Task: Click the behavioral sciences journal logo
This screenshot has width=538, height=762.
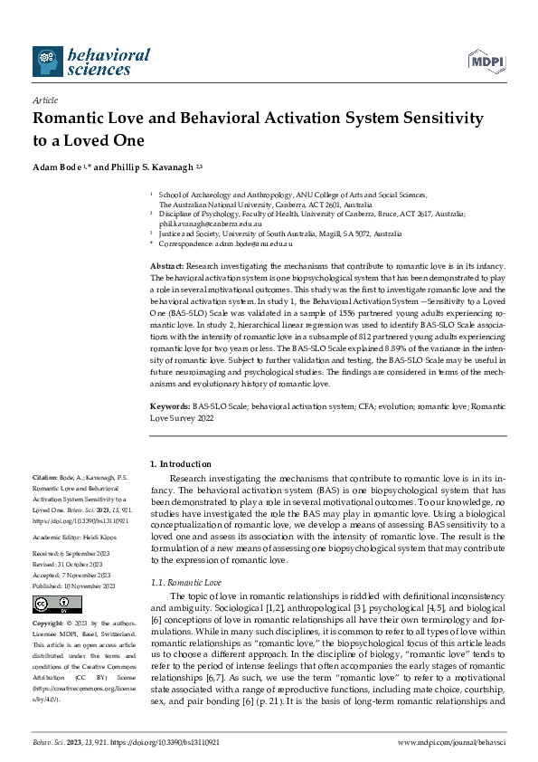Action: [90, 62]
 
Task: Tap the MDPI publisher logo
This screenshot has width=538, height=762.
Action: [485, 62]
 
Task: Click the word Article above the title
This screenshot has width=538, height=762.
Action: [45, 101]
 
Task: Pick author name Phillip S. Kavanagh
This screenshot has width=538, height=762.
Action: [154, 167]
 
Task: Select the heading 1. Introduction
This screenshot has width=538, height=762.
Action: [181, 463]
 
